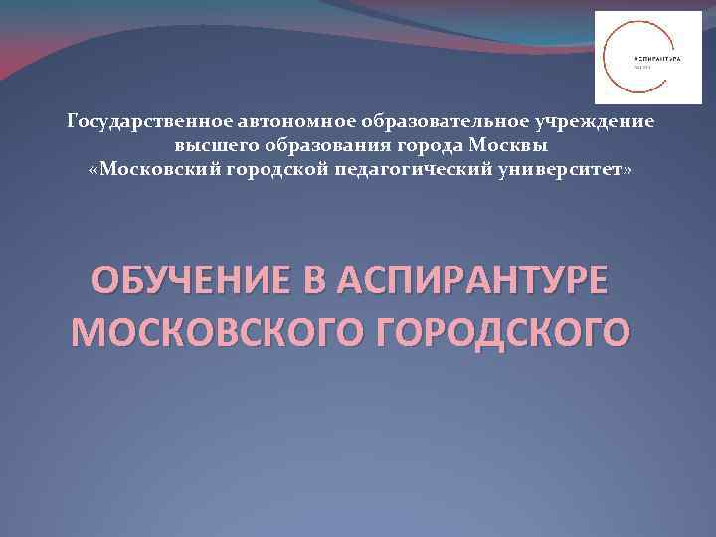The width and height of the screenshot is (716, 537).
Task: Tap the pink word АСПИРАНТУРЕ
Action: click(x=470, y=281)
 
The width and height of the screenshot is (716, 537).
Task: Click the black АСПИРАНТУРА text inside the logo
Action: click(x=657, y=59)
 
